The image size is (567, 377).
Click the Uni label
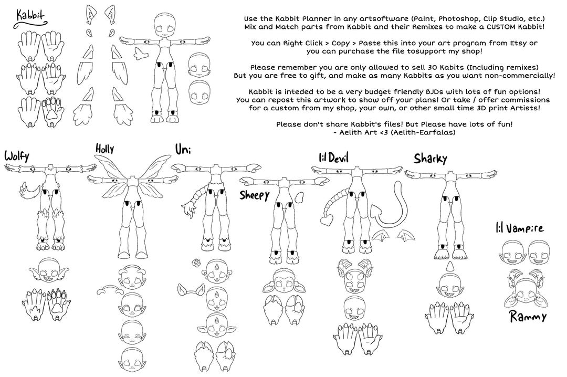click(x=183, y=150)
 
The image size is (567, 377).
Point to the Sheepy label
click(x=255, y=195)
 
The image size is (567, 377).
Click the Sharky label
click(x=430, y=158)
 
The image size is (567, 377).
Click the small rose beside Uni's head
click(x=197, y=262)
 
